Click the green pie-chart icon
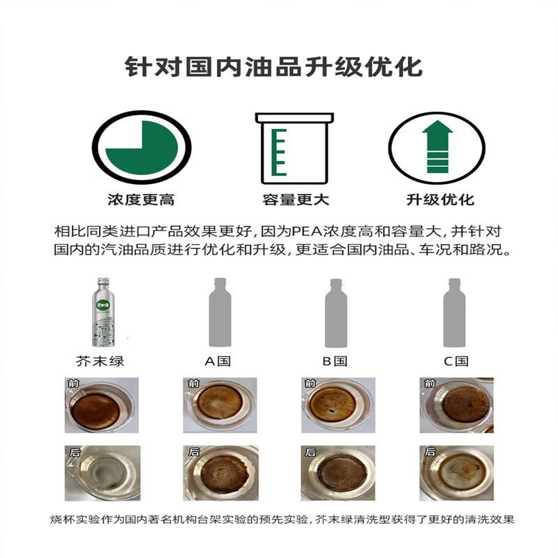(142, 147)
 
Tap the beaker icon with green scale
(294, 148)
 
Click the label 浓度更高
(141, 199)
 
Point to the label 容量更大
(295, 199)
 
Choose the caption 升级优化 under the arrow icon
(440, 199)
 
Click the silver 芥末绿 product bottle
(103, 312)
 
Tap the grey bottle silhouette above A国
(220, 312)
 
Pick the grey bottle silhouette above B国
(336, 312)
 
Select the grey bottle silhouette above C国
(454, 312)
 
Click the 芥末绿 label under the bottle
(100, 361)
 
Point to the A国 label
(218, 361)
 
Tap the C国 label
(456, 361)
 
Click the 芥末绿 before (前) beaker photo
(101, 405)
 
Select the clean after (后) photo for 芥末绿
(102, 473)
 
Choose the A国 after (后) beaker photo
(220, 473)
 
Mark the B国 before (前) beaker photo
(338, 405)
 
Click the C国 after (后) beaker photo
(457, 473)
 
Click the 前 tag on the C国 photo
(430, 383)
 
